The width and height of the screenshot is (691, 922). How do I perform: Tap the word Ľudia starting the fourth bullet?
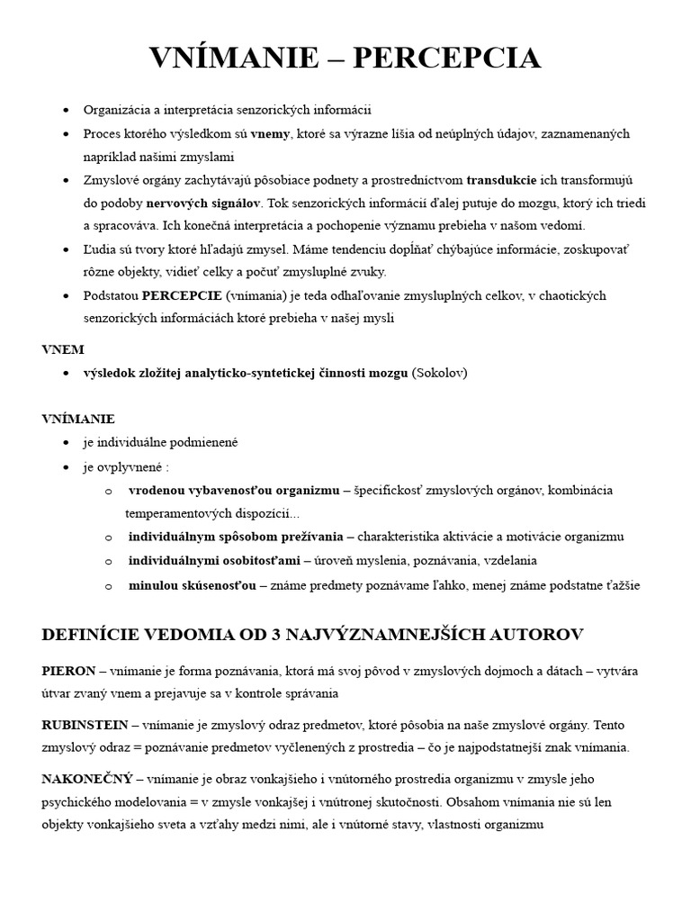coord(100,249)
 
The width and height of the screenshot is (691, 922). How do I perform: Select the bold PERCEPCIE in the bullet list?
coord(182,295)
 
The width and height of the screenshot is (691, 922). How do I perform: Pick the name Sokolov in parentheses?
coord(440,372)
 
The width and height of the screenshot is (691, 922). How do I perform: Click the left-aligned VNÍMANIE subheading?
coord(78,419)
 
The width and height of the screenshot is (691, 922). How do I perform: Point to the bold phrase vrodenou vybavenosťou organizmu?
coord(234,490)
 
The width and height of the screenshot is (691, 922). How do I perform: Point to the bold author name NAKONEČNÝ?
coord(87,777)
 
